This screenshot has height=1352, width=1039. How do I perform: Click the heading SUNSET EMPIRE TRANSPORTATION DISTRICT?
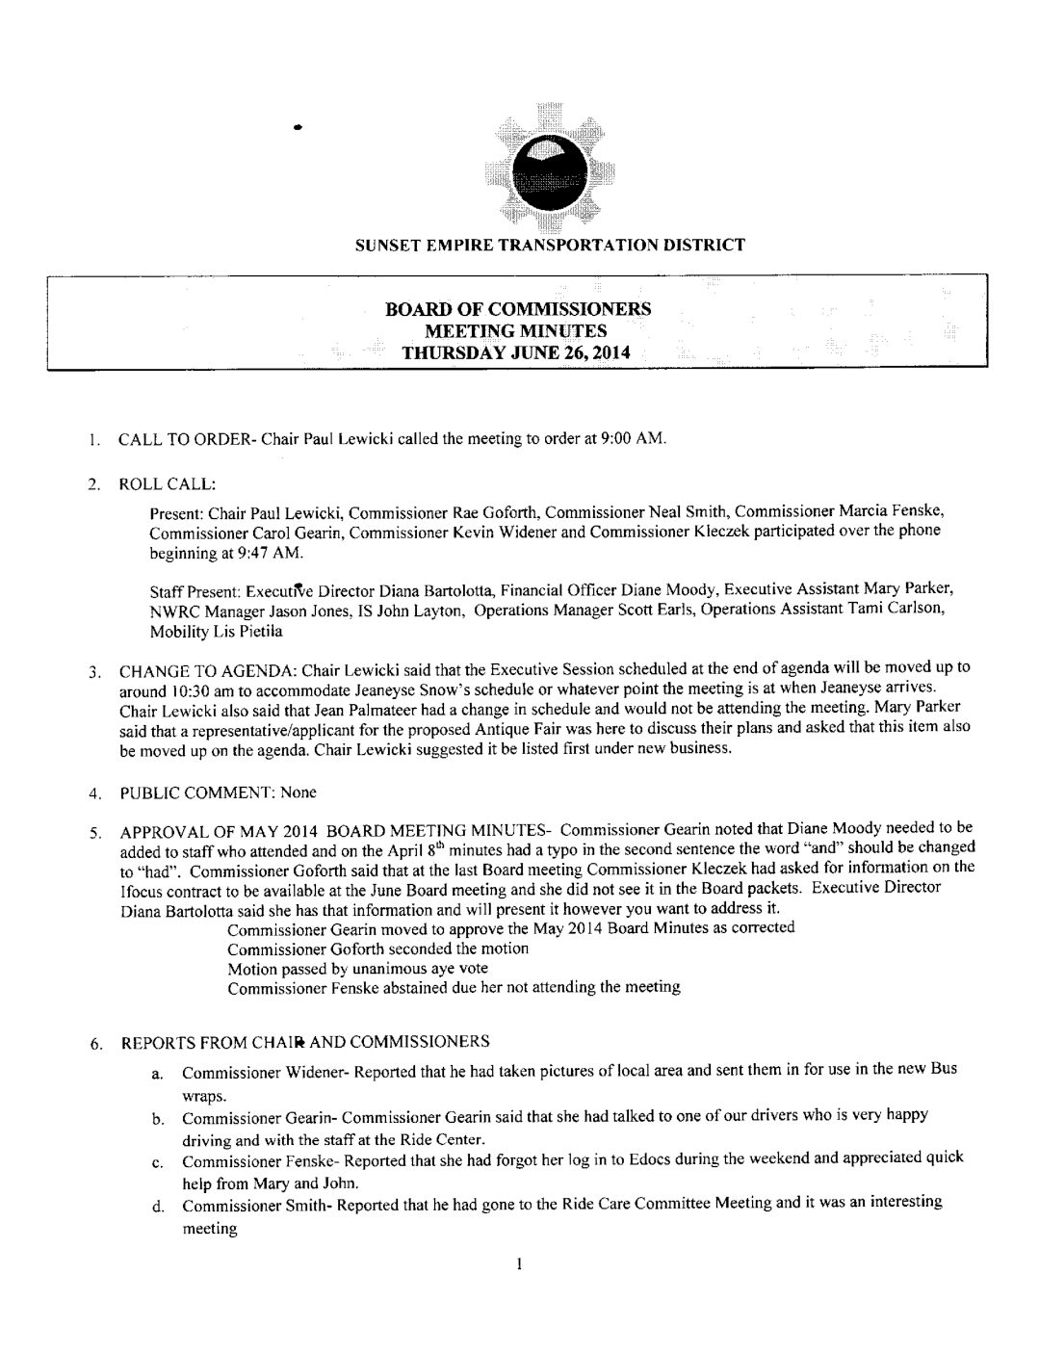click(x=549, y=245)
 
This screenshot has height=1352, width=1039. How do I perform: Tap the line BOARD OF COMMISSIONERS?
click(x=517, y=309)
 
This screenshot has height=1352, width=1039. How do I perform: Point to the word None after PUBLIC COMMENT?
click(x=299, y=793)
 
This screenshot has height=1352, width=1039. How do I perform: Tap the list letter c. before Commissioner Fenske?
click(x=156, y=1162)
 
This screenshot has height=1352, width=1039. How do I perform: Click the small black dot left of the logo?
click(x=299, y=126)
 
